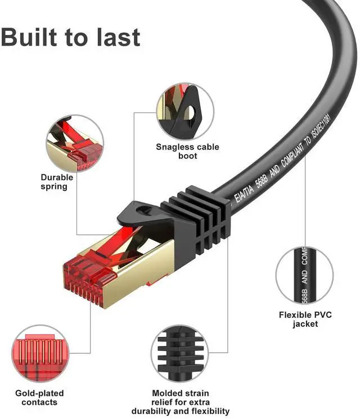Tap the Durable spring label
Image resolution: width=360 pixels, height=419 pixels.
point(57,182)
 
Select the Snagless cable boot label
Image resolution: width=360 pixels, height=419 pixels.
point(187,151)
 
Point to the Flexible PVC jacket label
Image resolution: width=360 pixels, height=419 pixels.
point(305,319)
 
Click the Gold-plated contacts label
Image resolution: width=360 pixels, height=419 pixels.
point(39,397)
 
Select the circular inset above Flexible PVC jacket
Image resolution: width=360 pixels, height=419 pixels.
point(304,275)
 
